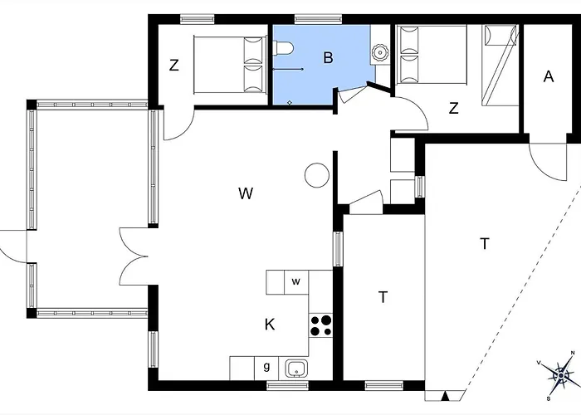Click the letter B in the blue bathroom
329,58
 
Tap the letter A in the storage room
548,76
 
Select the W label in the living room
245,193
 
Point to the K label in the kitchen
270,325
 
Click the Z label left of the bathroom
174,66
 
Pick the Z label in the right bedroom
454,108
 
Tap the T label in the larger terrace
484,243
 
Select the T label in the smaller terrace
382,297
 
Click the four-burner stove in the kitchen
321,325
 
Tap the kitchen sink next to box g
294,367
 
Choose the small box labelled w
295,281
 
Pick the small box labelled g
266,367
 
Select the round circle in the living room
315,176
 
